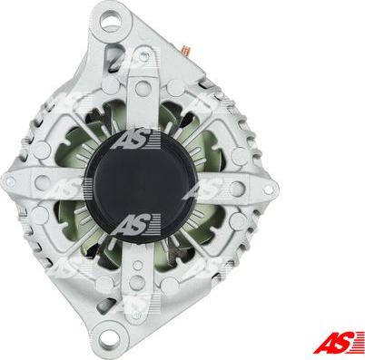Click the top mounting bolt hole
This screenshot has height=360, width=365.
[x=110, y=22]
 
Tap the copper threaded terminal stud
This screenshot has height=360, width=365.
[x=185, y=50]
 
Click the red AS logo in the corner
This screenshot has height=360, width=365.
[x=339, y=343]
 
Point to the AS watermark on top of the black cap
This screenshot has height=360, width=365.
[x=135, y=140]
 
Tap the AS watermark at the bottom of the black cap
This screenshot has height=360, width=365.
[x=135, y=224]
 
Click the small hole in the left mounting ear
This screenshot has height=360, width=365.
[x=11, y=182]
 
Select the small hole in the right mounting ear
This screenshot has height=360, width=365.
[x=267, y=190]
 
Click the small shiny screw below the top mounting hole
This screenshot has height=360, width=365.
[x=146, y=55]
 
